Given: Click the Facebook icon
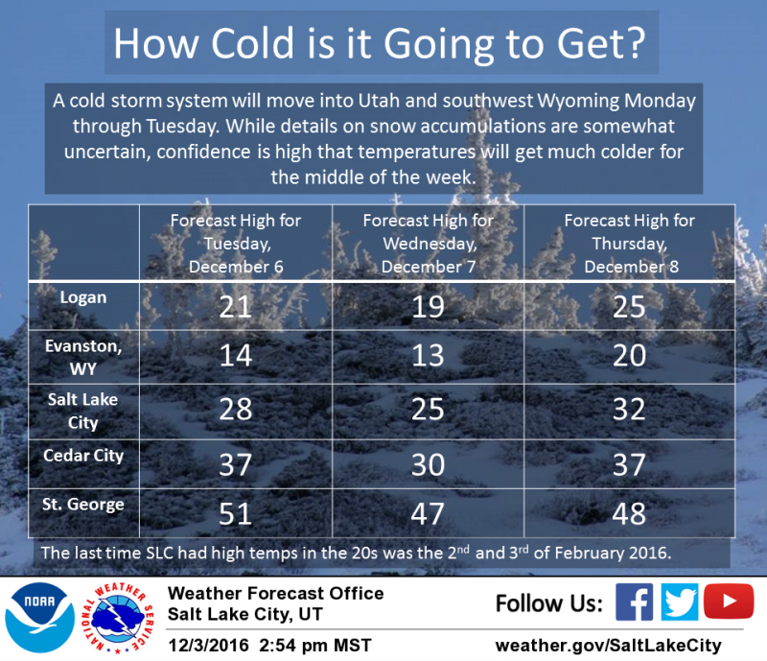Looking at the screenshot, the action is (634, 602).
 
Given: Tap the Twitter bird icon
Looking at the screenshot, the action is (680, 602).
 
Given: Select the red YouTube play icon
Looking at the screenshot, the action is (729, 601).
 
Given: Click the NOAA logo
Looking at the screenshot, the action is (39, 618).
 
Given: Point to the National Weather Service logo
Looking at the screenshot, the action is (117, 618).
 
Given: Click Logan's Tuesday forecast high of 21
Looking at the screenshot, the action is (235, 307).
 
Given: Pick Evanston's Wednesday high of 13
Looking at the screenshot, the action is (428, 356).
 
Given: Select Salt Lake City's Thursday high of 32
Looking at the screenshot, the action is (629, 410).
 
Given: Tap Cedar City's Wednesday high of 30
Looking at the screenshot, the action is (428, 464).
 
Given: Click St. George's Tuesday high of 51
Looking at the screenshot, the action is (235, 514).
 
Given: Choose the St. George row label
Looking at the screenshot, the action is (83, 505).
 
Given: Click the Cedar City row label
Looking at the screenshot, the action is (83, 456).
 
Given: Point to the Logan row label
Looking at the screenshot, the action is (83, 297).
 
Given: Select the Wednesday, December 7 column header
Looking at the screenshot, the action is (428, 244).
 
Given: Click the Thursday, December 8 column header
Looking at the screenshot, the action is (630, 244).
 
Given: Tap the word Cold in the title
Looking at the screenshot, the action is (252, 43).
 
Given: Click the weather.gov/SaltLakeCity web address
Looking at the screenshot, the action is (608, 646).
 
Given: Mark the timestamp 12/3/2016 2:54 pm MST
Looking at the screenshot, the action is (269, 646).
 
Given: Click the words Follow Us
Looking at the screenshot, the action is (548, 602).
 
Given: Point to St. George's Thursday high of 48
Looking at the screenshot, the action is (629, 514).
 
